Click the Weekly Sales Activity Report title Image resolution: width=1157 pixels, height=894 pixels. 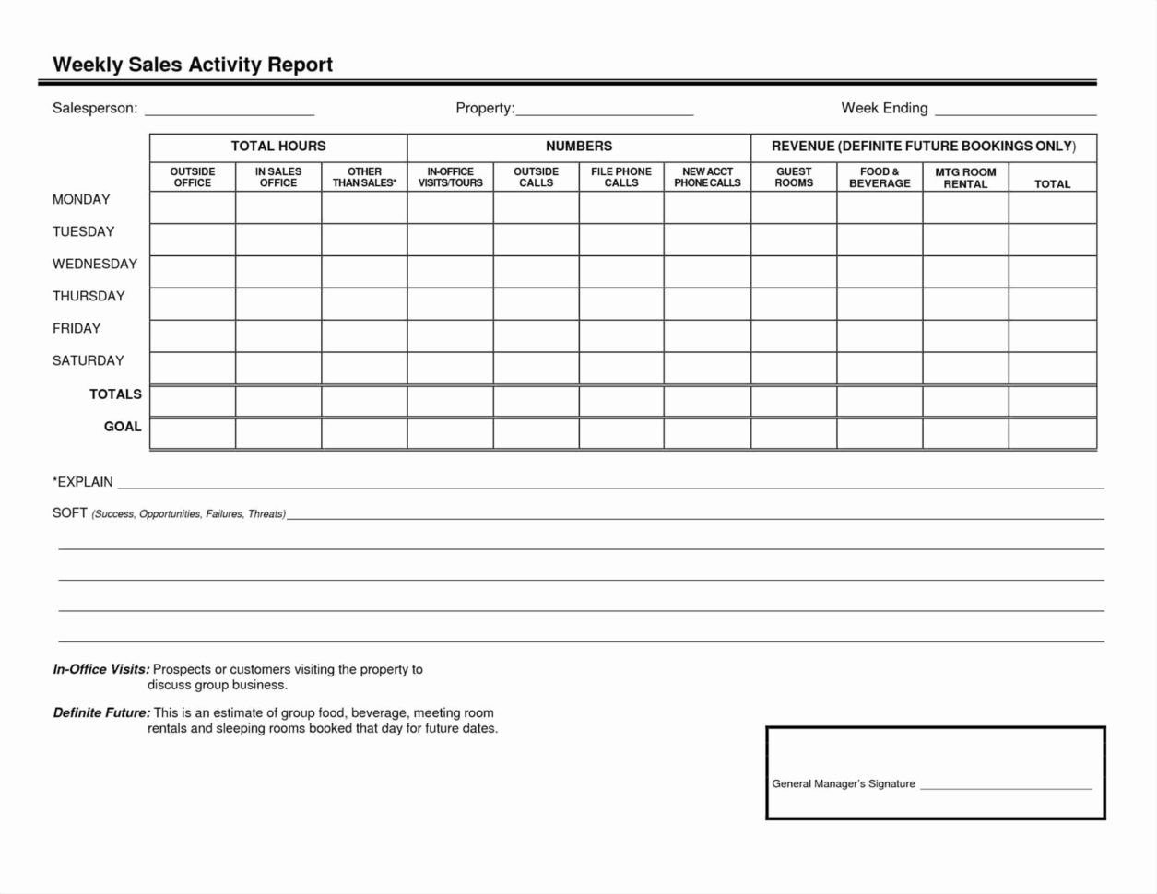pos(193,65)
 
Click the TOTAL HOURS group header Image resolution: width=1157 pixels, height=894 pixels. pos(278,147)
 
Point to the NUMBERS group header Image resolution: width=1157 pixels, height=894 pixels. pos(579,147)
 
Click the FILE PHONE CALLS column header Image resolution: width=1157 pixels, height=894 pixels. pos(621,177)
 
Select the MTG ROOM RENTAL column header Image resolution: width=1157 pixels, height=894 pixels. pos(965,178)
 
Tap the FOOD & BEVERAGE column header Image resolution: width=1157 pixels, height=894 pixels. pos(880,177)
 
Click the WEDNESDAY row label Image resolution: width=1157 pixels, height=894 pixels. pos(95,265)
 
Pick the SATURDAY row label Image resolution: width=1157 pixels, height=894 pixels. pos(89,361)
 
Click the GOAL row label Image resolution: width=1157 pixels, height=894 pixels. pos(123,427)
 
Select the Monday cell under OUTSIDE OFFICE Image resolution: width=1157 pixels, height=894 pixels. pos(193,207)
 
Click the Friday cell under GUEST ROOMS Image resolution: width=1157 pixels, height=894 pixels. pos(794,335)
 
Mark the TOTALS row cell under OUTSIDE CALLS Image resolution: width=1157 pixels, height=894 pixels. pos(536,401)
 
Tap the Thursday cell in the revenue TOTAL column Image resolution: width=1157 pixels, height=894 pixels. pos(1052,303)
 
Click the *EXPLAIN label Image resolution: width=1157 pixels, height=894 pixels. pos(83,482)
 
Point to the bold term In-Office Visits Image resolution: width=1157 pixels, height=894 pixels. pos(101,670)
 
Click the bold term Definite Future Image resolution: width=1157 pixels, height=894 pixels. pos(101,713)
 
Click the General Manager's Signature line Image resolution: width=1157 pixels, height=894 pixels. pos(1006,785)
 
